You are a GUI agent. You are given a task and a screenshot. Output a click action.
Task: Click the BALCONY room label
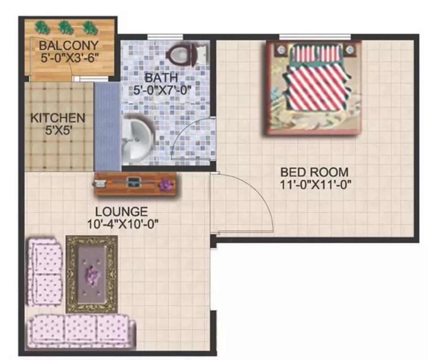(x=69, y=45)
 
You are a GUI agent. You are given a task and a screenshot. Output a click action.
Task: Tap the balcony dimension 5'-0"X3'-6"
(x=70, y=57)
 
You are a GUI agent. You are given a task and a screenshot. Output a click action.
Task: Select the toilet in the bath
(x=187, y=55)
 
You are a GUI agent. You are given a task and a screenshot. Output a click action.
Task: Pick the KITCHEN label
(x=58, y=118)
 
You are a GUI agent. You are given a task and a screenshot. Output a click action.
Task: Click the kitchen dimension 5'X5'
(x=58, y=131)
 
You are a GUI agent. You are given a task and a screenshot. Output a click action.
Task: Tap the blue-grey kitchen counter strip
(x=107, y=127)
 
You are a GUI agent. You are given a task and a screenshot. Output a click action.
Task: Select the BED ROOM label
(x=314, y=172)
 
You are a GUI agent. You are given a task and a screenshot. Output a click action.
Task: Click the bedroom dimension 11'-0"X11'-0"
(x=315, y=184)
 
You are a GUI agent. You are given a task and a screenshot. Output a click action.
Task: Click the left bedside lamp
(x=281, y=50)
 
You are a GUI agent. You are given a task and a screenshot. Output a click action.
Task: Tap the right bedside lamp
(x=350, y=50)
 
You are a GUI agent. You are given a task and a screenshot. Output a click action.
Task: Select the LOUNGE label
(x=121, y=212)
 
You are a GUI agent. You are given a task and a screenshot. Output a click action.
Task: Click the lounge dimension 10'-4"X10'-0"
(x=123, y=224)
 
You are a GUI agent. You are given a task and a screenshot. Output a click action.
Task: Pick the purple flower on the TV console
(x=166, y=184)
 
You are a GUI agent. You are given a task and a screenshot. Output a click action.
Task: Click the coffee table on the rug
(x=92, y=274)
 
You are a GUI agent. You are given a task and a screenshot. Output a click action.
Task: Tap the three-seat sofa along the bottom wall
(x=81, y=332)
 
